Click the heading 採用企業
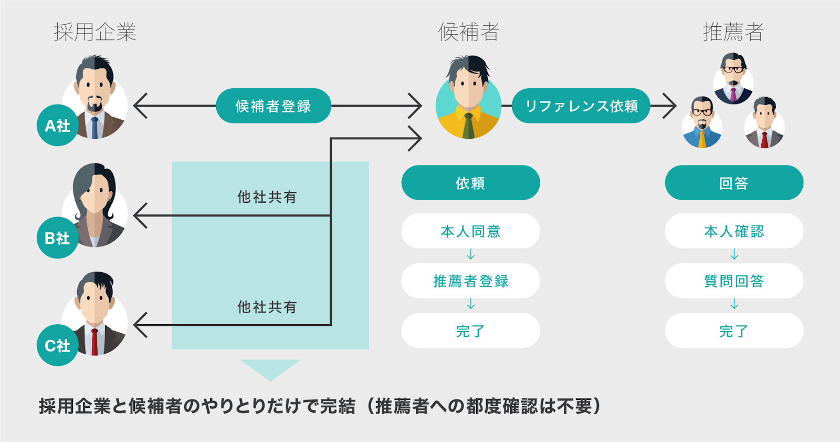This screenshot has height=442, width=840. pos(95,32)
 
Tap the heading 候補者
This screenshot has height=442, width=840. pos(469,32)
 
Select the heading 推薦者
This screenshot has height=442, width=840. pos(733,32)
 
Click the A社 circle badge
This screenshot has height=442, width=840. pos(57,126)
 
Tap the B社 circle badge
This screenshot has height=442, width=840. pos(57,238)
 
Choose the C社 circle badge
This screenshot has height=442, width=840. pos(57,345)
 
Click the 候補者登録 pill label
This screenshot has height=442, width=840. pos(274,106)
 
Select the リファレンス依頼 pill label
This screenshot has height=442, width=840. pos(581,106)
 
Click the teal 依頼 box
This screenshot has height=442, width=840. pos(470,183)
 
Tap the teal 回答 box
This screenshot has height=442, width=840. pos(734,183)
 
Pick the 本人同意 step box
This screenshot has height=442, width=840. pos(470,231)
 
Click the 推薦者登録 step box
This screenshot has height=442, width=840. pos(470,281)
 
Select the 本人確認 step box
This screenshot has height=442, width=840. pos(734,231)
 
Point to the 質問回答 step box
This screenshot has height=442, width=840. pos(734,281)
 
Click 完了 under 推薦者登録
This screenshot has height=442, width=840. pos(470,331)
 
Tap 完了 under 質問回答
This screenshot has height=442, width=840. pos(734,331)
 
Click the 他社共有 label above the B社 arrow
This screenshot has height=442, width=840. pos(267,197)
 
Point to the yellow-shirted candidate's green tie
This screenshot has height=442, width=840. pos(468,126)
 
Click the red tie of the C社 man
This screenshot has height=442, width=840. pos(94,342)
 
